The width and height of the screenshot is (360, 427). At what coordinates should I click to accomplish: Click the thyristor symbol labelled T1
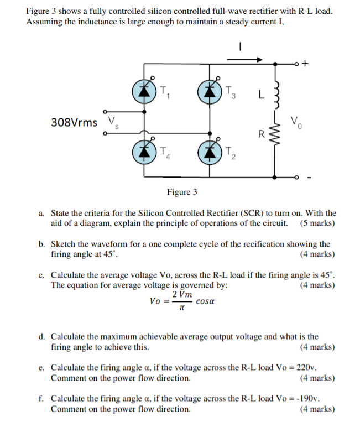[145, 91]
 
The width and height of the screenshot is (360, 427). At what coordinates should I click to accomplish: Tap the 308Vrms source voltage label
[74, 122]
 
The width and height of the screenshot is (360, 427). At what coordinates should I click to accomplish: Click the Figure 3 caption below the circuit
[182, 192]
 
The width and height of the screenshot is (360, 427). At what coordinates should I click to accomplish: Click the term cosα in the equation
[205, 302]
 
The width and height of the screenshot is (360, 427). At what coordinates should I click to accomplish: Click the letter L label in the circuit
[260, 92]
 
